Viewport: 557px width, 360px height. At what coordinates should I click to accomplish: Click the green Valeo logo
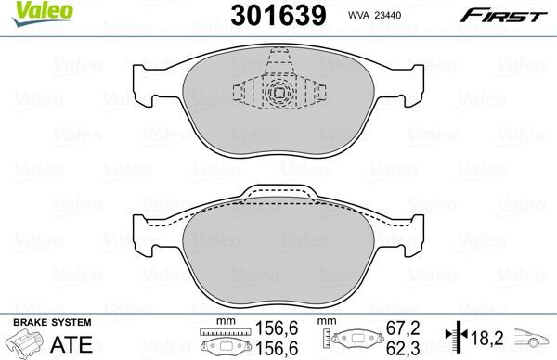coord(29,11)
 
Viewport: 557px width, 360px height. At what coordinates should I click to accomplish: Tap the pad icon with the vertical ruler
coord(353,341)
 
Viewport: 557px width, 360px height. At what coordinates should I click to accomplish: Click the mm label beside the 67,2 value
coord(328,322)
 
